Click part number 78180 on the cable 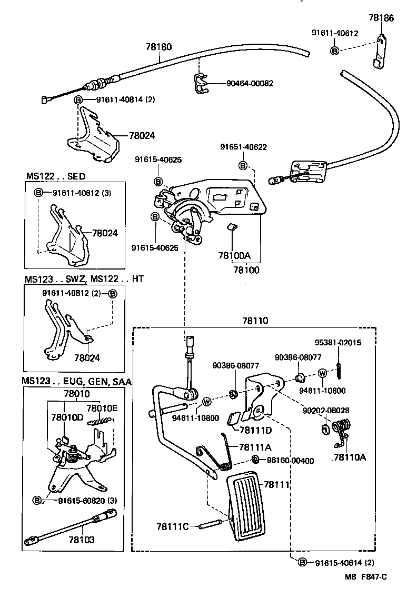tap(158, 47)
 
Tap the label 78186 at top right tap(396, 18)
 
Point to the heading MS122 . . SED tap(55, 176)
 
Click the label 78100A tap(234, 256)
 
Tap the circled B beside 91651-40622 tap(243, 165)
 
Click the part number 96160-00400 tap(290, 461)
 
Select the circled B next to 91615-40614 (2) tap(302, 563)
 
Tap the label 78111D tap(255, 430)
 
